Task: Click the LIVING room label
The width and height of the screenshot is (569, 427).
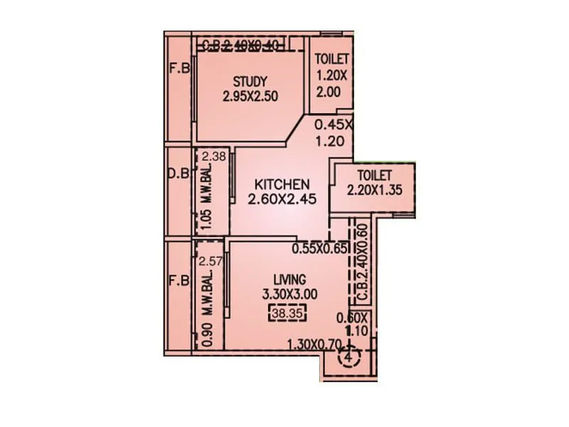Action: pyautogui.click(x=289, y=278)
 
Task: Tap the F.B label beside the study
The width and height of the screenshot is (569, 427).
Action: pyautogui.click(x=178, y=70)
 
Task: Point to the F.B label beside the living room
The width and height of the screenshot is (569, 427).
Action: pyautogui.click(x=178, y=280)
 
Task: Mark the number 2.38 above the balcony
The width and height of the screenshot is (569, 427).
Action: pyautogui.click(x=213, y=156)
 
